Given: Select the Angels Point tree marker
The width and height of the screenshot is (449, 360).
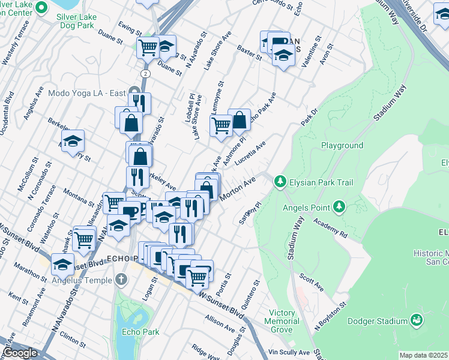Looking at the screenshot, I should tap(340, 207).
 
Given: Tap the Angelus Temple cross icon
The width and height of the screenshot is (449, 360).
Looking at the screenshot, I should tap(122, 280).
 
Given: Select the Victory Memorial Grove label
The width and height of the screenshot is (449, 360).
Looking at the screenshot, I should tap(282, 322).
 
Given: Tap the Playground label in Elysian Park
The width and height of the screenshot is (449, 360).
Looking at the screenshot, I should tap(342, 146).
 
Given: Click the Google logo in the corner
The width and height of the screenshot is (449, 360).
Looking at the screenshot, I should tap(20, 353).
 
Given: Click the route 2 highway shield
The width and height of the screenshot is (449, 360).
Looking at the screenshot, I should tap(145, 73).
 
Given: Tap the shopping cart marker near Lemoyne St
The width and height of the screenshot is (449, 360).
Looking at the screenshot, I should tap(221, 125).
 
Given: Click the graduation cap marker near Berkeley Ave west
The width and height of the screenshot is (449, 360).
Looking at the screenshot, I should tap(73, 141).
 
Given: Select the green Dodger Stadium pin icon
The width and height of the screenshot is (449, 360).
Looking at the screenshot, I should tap(416, 320).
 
